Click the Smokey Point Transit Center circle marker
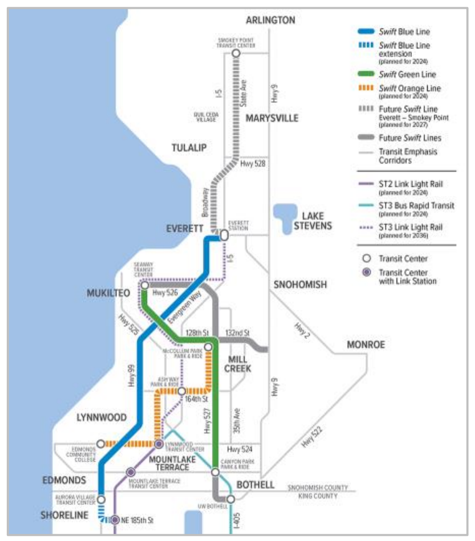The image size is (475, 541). click(236, 53)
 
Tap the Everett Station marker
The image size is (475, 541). click(224, 235)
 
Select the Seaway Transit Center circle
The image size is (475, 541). click(145, 285)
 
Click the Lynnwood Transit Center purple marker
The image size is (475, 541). click(159, 444)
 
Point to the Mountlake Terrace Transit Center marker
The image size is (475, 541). click(131, 472)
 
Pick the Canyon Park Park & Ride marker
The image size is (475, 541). click(215, 472)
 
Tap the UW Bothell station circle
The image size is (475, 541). click(230, 499)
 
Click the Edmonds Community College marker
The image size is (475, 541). click(101, 444)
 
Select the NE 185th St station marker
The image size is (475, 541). click(115, 519)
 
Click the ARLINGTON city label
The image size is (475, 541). click(270, 20)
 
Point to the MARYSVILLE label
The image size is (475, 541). click(272, 118)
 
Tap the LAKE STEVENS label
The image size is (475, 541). click(312, 221)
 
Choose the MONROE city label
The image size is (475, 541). click(366, 345)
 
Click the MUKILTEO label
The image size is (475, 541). click(108, 293)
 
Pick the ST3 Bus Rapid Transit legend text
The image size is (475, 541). click(416, 206)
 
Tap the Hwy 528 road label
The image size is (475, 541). click(253, 163)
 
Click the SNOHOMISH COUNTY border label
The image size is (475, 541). click(318, 488)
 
